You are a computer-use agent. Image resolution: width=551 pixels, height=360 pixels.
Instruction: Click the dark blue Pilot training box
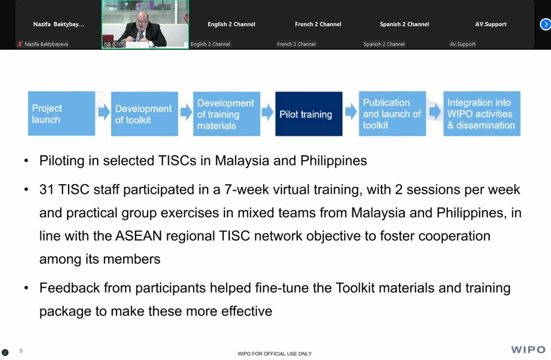[309, 114]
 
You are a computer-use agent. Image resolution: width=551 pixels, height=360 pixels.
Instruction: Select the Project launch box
[62, 113]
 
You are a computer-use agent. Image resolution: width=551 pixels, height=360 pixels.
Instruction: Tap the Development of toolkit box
[144, 114]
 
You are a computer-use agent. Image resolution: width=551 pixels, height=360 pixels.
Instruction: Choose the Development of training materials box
[226, 114]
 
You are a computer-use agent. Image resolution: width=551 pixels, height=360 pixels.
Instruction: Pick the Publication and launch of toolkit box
[392, 114]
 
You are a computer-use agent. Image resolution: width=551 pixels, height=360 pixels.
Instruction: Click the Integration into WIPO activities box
[482, 114]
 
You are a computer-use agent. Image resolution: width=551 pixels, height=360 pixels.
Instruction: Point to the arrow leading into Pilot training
[267, 112]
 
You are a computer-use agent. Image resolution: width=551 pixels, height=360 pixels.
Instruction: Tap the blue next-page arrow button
[545, 25]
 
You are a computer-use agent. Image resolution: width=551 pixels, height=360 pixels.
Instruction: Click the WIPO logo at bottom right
[528, 349]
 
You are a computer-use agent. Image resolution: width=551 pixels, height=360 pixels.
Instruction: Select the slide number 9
[21, 351]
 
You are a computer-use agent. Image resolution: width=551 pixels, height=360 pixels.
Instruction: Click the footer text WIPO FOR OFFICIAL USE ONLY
[275, 354]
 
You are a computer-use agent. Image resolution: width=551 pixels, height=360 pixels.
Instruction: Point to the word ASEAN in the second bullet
[139, 236]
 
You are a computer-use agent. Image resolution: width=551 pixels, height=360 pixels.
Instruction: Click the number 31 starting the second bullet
[46, 189]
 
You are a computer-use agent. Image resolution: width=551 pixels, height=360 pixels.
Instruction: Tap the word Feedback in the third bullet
[69, 288]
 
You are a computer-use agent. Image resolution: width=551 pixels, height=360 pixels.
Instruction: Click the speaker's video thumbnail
[145, 24]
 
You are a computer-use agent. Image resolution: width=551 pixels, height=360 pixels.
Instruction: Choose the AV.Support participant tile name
[491, 24]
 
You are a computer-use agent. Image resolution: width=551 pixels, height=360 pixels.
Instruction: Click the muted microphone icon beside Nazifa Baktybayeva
[20, 44]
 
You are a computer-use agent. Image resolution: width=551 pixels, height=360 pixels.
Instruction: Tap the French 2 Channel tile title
[318, 24]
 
